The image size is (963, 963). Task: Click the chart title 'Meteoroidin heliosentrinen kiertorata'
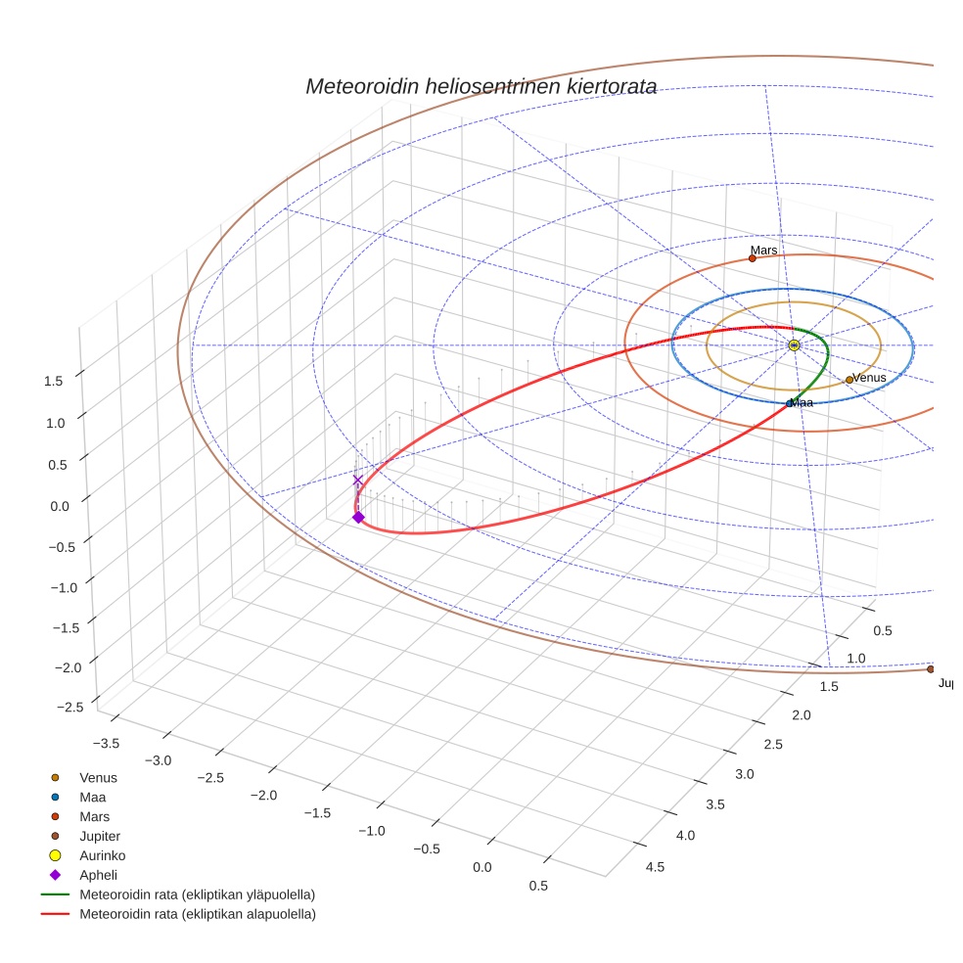coord(481,86)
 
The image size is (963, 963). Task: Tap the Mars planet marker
coord(753,258)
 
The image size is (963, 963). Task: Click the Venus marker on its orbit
coord(849,380)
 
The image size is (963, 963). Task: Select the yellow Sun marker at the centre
coord(794,345)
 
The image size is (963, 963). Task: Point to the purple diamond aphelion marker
coord(358,517)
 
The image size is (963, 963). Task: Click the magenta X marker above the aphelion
coord(358,481)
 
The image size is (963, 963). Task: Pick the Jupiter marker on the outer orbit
coord(931,669)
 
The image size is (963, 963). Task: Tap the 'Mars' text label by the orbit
coord(764,251)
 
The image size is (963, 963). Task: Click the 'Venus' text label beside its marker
coord(869,378)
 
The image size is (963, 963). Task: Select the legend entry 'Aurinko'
coord(102,855)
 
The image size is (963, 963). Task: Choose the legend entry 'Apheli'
coord(98,875)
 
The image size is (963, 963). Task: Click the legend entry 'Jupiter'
coord(100,836)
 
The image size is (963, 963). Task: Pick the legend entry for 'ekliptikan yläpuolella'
coord(197,894)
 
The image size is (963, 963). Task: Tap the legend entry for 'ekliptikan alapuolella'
coord(197,914)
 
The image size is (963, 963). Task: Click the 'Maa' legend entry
coord(92,797)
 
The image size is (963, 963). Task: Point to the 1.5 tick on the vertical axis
coord(55,382)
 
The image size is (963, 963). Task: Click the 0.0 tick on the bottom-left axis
coord(481,868)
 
